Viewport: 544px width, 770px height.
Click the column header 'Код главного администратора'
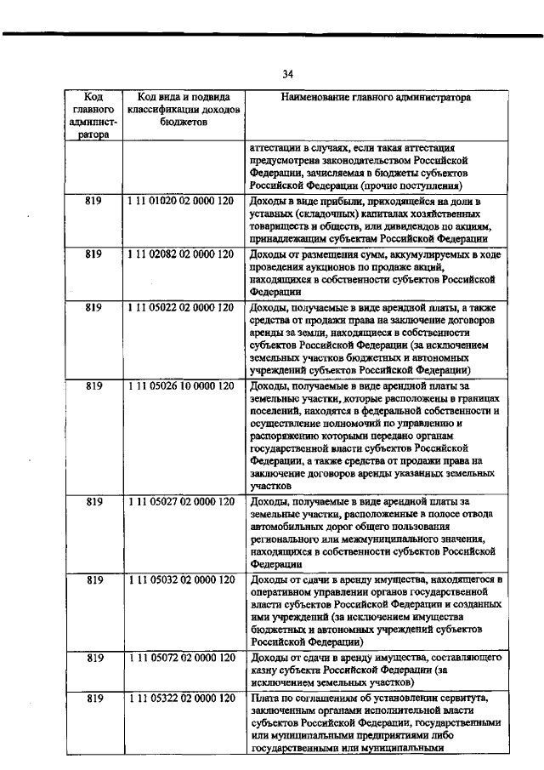coord(93,116)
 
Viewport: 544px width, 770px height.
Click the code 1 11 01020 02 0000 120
coord(181,201)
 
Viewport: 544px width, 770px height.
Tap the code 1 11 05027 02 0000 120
coord(181,502)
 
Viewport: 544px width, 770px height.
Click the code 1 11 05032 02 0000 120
coord(181,580)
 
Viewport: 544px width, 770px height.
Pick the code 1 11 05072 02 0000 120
coord(181,659)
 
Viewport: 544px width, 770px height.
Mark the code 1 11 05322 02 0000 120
coord(181,699)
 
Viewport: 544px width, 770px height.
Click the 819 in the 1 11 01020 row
coord(93,201)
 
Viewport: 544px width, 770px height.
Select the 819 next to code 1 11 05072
coord(93,659)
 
